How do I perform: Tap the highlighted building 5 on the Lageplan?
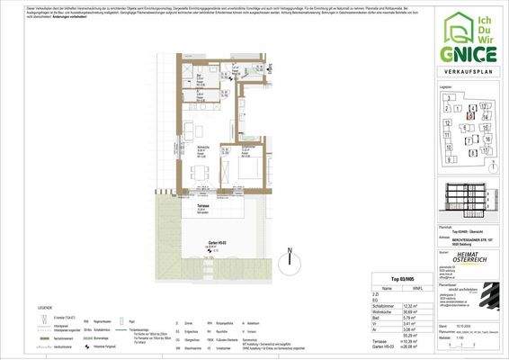pos(470,114)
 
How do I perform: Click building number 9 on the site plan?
pos(447,157)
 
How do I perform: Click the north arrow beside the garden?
pos(290,260)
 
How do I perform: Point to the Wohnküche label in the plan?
pos(203,148)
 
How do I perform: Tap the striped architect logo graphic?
pos(487,293)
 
